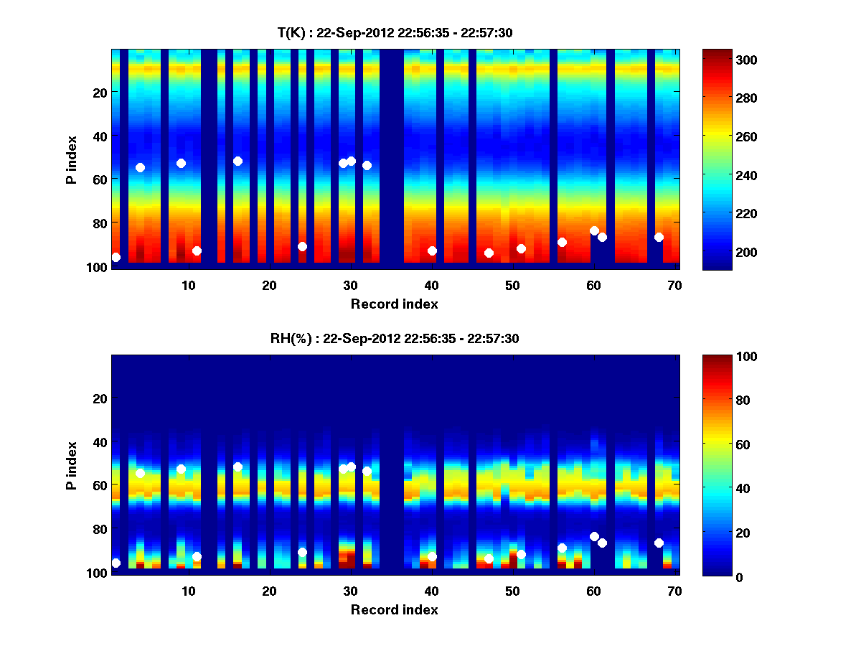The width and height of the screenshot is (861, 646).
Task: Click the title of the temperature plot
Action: point(394,32)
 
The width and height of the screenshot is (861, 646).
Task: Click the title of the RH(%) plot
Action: point(394,338)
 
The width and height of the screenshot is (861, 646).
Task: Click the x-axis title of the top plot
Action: point(394,304)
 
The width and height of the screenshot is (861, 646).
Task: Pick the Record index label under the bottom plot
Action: point(394,609)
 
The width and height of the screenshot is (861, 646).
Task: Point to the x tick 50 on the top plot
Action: point(512,285)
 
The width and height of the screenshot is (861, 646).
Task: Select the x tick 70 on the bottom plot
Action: point(674,591)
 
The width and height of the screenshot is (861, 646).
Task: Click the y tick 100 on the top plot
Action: point(98,267)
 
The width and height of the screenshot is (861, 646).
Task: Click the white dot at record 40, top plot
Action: point(432,251)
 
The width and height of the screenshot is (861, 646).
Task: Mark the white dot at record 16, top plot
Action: point(237,161)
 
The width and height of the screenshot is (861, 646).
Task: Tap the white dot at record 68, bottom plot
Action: point(659,543)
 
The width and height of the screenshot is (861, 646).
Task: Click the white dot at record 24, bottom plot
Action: point(302,552)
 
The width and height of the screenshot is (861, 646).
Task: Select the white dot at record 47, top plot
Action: point(489,253)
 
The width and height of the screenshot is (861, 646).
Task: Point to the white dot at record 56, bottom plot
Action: point(562,548)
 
